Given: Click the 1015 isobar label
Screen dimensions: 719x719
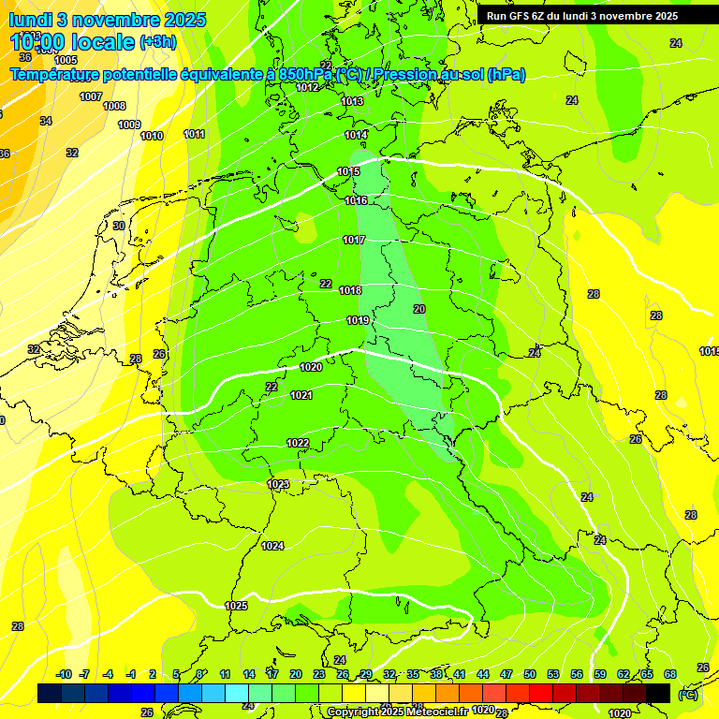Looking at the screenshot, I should tap(349, 171).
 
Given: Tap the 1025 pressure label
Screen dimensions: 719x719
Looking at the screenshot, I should tap(236, 606).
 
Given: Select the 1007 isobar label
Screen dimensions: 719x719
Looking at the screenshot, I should tap(91, 96).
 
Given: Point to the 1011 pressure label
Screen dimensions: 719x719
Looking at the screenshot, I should tap(195, 134).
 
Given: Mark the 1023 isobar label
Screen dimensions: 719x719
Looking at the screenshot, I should tap(278, 484).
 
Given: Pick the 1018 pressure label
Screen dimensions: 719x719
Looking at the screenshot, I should tap(350, 290).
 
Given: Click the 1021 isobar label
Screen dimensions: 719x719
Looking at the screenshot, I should tap(301, 395).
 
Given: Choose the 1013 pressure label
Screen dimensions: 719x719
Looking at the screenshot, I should tap(352, 101).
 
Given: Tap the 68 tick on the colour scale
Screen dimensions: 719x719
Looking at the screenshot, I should tap(670, 674).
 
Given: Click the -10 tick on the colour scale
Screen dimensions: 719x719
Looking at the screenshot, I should tap(65, 674).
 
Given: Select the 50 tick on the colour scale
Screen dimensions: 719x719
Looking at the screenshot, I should tap(530, 674).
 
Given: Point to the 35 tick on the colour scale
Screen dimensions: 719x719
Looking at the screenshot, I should tap(413, 674).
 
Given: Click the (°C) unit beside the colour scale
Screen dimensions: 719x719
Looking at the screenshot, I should tap(687, 694).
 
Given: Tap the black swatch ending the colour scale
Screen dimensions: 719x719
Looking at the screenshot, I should tap(659, 693).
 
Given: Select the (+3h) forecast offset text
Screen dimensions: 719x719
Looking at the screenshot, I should tap(157, 42).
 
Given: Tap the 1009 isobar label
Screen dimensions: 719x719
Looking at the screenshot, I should tap(129, 125).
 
